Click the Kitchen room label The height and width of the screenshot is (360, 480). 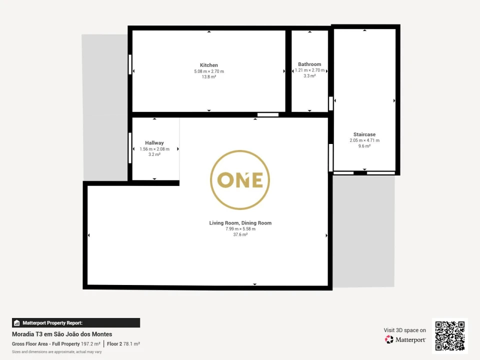pyautogui.click(x=209, y=65)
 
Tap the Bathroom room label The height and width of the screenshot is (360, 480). pyautogui.click(x=309, y=64)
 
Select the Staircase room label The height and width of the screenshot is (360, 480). pyautogui.click(x=364, y=134)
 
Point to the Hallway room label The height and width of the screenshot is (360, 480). pyautogui.click(x=154, y=143)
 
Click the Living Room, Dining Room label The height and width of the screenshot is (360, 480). pyautogui.click(x=240, y=223)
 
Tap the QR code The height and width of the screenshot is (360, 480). pyautogui.click(x=449, y=336)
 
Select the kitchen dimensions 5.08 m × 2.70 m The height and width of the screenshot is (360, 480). pyautogui.click(x=209, y=71)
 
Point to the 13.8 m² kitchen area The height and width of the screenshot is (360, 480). pyautogui.click(x=209, y=77)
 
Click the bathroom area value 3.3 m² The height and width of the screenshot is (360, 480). pyautogui.click(x=309, y=76)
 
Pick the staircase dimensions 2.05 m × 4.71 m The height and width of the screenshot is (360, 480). pyautogui.click(x=364, y=140)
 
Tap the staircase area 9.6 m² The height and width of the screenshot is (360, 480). pyautogui.click(x=364, y=146)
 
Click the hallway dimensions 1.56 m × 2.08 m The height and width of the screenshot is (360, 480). pyautogui.click(x=154, y=149)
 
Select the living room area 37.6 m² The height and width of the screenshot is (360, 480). pyautogui.click(x=240, y=234)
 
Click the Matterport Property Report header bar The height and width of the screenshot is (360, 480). pyautogui.click(x=76, y=322)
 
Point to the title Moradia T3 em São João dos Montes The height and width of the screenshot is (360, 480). pyautogui.click(x=62, y=334)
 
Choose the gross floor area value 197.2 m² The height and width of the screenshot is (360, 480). pyautogui.click(x=90, y=344)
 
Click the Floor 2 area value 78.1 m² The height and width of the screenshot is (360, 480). pyautogui.click(x=131, y=344)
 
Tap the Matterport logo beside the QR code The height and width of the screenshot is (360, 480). pyautogui.click(x=405, y=339)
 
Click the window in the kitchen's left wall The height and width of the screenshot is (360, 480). pyautogui.click(x=130, y=64)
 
